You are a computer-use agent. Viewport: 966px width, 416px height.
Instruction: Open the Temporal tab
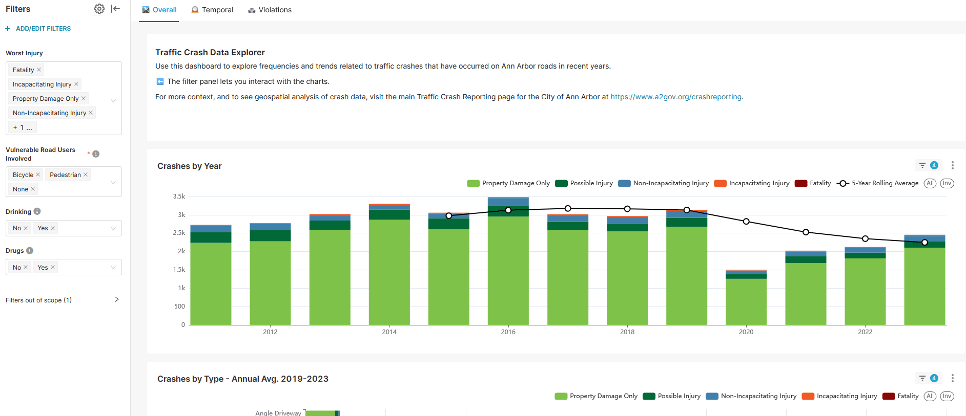[x=212, y=10]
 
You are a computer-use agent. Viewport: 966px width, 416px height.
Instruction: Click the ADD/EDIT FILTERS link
[x=43, y=29]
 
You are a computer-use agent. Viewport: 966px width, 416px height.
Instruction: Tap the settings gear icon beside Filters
[x=99, y=9]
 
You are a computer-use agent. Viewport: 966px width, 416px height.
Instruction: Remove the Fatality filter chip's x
[x=39, y=70]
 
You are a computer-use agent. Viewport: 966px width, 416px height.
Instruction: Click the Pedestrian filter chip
[x=65, y=175]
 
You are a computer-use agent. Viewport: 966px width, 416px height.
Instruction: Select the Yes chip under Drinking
[x=43, y=228]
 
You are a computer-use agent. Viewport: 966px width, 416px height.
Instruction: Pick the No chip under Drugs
[x=17, y=267]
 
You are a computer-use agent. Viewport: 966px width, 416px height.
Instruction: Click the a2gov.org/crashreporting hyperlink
[x=675, y=97]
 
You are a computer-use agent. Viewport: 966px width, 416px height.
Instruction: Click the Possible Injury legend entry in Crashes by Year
[x=584, y=183]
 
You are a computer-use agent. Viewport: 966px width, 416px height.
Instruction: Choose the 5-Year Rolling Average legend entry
[x=877, y=183]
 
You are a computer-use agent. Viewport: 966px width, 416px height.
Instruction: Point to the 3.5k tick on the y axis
[x=179, y=196]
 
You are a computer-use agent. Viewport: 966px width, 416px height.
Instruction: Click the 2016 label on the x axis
[x=508, y=332]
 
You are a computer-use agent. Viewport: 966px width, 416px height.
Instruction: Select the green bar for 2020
[x=746, y=302]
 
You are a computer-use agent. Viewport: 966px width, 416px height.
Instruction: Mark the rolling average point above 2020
[x=746, y=222]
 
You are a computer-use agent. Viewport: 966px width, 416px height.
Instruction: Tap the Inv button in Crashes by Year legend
[x=947, y=183]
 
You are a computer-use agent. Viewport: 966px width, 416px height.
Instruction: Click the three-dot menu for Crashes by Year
[x=952, y=165]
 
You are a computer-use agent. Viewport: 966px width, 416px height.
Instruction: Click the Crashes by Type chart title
[x=242, y=379]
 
